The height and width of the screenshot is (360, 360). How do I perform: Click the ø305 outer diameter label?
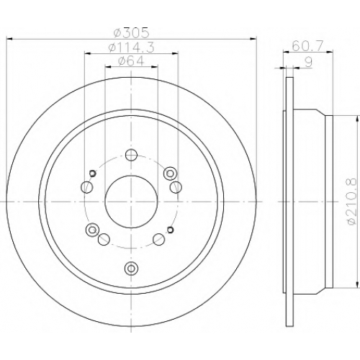[x=131, y=33]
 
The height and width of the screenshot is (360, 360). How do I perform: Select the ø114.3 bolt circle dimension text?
[x=131, y=48]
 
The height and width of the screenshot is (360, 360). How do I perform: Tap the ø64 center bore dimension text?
[x=131, y=60]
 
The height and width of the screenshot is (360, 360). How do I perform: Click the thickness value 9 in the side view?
[x=309, y=62]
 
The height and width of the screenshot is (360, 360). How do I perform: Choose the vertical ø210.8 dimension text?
[x=352, y=202]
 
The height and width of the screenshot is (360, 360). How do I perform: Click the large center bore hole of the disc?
[x=131, y=202]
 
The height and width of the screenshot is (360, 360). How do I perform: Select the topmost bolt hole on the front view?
[x=131, y=155]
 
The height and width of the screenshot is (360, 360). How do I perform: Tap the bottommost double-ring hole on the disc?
[x=131, y=267]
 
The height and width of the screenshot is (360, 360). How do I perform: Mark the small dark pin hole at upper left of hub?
[x=93, y=173]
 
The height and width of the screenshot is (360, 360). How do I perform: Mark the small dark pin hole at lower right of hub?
[x=170, y=230]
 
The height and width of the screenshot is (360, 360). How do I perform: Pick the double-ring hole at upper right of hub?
[x=171, y=173]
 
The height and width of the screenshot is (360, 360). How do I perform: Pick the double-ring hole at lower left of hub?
[x=92, y=230]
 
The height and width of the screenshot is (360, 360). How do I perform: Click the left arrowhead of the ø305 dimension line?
[x=9, y=38]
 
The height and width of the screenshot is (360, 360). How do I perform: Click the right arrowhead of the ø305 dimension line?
[x=253, y=38]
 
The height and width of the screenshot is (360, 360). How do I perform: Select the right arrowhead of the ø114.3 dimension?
[x=175, y=53]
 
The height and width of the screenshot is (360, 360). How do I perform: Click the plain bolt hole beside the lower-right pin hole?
[x=159, y=239]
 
